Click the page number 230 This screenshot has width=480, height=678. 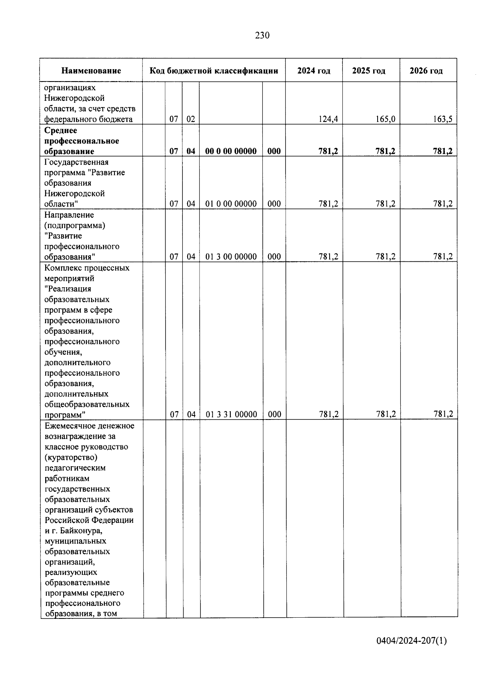click(262, 36)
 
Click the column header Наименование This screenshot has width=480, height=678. click(91, 71)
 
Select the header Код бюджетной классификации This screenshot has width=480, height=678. click(214, 71)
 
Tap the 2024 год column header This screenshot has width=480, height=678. click(314, 71)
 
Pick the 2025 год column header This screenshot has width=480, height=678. click(368, 71)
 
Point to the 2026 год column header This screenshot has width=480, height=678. click(426, 71)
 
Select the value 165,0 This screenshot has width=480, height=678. click(386, 119)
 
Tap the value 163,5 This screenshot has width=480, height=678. click(443, 119)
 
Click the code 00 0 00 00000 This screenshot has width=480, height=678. click(231, 151)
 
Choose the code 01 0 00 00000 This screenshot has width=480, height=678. click(231, 204)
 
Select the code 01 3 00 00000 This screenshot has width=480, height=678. click(231, 256)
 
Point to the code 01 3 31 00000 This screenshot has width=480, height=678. click(231, 414)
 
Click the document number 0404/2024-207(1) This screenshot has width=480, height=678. click(411, 641)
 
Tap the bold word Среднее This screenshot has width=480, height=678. click(61, 130)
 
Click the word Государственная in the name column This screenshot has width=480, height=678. click(76, 162)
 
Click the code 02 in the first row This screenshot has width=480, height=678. click(191, 119)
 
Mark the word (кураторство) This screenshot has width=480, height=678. click(71, 457)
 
